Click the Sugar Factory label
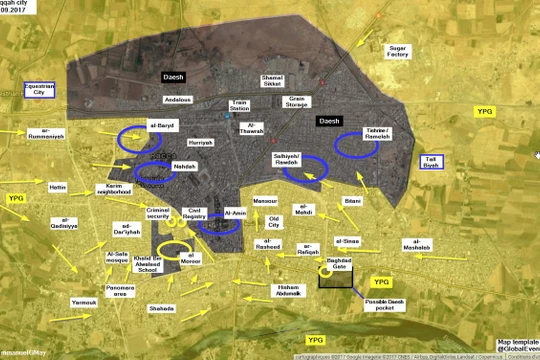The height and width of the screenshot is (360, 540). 398,53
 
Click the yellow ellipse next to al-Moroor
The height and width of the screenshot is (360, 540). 175,251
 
